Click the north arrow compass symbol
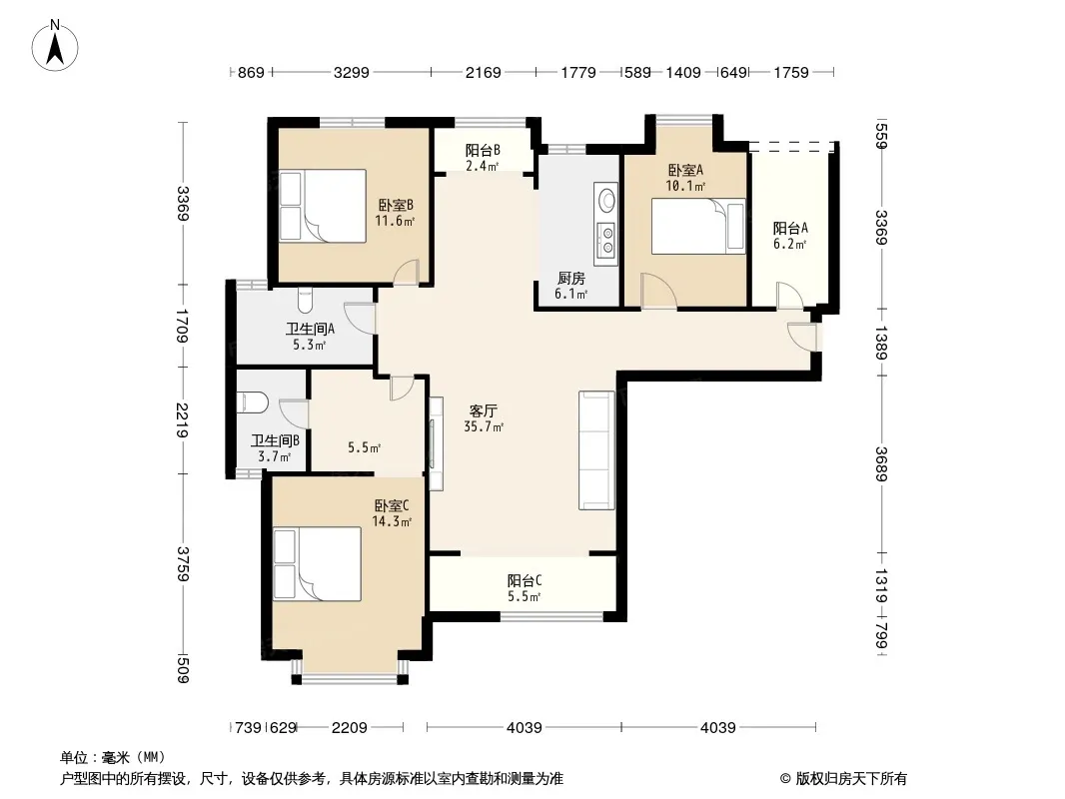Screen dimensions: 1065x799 coord(55,45)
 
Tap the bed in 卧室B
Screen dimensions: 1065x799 coord(323,206)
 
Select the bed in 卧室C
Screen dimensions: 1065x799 coord(317,563)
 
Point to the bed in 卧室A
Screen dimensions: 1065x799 coord(698,226)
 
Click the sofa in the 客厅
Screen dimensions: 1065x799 coord(597,450)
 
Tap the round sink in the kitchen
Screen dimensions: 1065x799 coord(606,201)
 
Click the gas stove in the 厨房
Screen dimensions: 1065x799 coord(605,240)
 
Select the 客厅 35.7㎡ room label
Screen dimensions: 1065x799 coord(483,418)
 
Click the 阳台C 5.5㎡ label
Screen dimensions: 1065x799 coord(525,588)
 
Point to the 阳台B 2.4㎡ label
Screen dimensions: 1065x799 coord(483,158)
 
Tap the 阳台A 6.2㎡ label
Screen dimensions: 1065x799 coord(790,237)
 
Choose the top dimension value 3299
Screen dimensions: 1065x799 coord(351,72)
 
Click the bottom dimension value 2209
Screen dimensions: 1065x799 coord(350,728)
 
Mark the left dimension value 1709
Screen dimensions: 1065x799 coord(182,326)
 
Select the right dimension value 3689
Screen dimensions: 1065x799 coord(880,463)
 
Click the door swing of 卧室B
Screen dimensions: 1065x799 coord(407,273)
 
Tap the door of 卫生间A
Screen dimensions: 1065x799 coord(360,317)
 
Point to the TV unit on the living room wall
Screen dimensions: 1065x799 coord(436,443)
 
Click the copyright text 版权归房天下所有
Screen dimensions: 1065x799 coord(851,779)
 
